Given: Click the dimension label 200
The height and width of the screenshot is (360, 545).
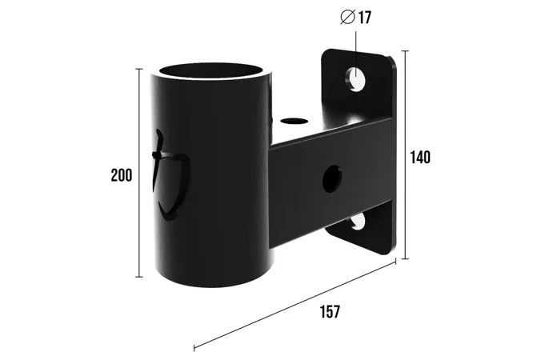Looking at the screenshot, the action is [x=122, y=175].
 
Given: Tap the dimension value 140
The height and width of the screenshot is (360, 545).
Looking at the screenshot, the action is [x=420, y=157].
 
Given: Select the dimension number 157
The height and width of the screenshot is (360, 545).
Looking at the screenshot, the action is [x=330, y=311].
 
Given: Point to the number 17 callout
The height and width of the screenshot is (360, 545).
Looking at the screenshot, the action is [x=364, y=18].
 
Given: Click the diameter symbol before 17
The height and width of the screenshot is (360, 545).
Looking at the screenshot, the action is [x=347, y=18].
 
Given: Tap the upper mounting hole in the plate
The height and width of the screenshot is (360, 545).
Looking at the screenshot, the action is [x=355, y=79].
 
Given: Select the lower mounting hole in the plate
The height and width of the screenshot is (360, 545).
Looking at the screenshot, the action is [x=358, y=222].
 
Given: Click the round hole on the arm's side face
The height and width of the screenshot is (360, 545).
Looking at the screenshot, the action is [x=331, y=179].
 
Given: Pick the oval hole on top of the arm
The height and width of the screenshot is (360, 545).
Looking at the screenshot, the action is [x=295, y=122].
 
